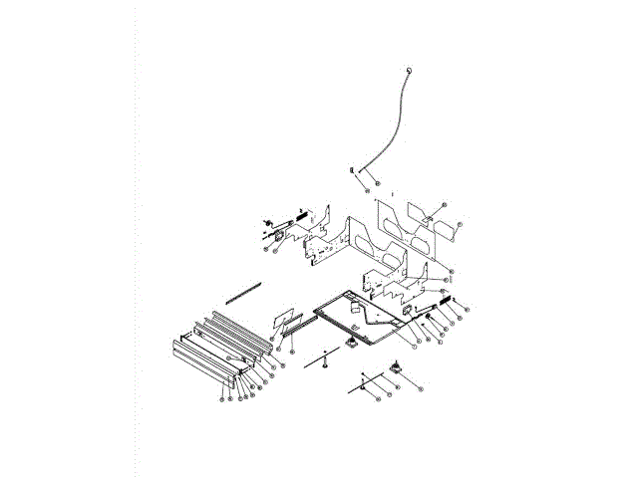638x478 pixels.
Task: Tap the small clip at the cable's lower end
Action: tap(353, 171)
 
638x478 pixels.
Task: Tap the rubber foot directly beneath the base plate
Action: tap(352, 343)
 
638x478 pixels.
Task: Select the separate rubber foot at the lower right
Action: tap(396, 366)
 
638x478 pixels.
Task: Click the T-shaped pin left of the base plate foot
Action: tap(325, 359)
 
